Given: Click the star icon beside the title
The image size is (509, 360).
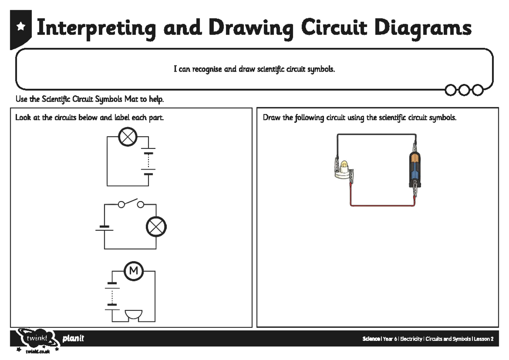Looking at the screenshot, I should pos(20,27).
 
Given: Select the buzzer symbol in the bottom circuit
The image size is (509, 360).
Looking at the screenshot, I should pos(134,315).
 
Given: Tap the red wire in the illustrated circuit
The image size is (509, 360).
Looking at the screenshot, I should pos(382,205).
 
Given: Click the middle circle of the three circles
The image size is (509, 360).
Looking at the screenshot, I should pos(465,89).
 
